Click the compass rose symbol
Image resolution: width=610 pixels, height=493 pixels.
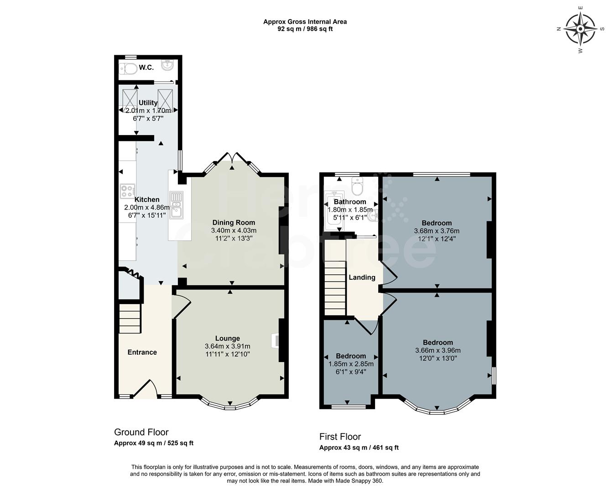580,29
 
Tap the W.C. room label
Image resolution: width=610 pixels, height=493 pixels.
146,68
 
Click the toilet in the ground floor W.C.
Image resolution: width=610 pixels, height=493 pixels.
128,69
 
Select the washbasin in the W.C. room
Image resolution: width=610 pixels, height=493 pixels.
168,65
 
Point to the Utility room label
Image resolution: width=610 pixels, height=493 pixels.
148,103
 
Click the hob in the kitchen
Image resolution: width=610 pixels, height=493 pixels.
127,190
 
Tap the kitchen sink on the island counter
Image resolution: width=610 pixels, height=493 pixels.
176,205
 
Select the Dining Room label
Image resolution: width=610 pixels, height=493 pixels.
234,223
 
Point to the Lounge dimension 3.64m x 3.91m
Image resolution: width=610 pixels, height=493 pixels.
227,346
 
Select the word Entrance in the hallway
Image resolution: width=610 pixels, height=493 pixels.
142,352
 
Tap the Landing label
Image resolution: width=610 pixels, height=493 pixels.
362,278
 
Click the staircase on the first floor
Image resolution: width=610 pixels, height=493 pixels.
335,288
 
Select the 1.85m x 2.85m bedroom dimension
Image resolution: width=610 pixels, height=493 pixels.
351,364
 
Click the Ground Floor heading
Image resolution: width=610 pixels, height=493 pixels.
141,432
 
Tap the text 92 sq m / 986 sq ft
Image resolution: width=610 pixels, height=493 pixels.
305,29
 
